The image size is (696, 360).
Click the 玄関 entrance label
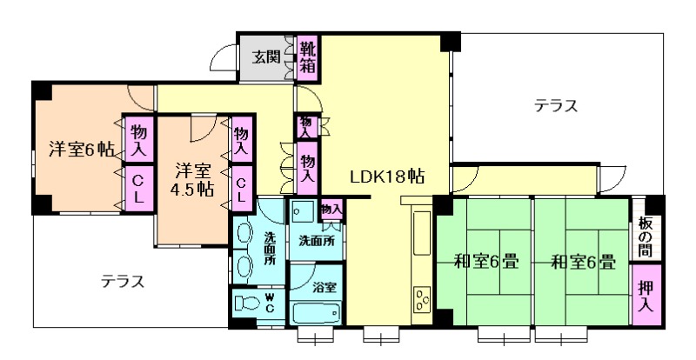point(266,57)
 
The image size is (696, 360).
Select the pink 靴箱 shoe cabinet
point(307,57)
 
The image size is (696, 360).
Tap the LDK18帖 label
point(386,177)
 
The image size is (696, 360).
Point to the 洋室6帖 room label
point(81,150)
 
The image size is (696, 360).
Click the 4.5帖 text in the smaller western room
point(192,190)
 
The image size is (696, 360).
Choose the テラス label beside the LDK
point(556,106)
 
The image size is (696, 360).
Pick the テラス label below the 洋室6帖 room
point(123,282)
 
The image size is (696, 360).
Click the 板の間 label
point(645,237)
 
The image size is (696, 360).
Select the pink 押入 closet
point(646,295)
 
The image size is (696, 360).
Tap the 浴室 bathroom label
point(324,287)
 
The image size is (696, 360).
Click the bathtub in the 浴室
point(317,313)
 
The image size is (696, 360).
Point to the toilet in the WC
point(247,303)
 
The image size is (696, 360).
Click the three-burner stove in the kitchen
point(422,300)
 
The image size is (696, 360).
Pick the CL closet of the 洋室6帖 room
point(138,187)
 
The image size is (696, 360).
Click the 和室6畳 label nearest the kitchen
point(486,263)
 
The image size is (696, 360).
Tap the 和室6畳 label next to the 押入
point(583,263)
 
